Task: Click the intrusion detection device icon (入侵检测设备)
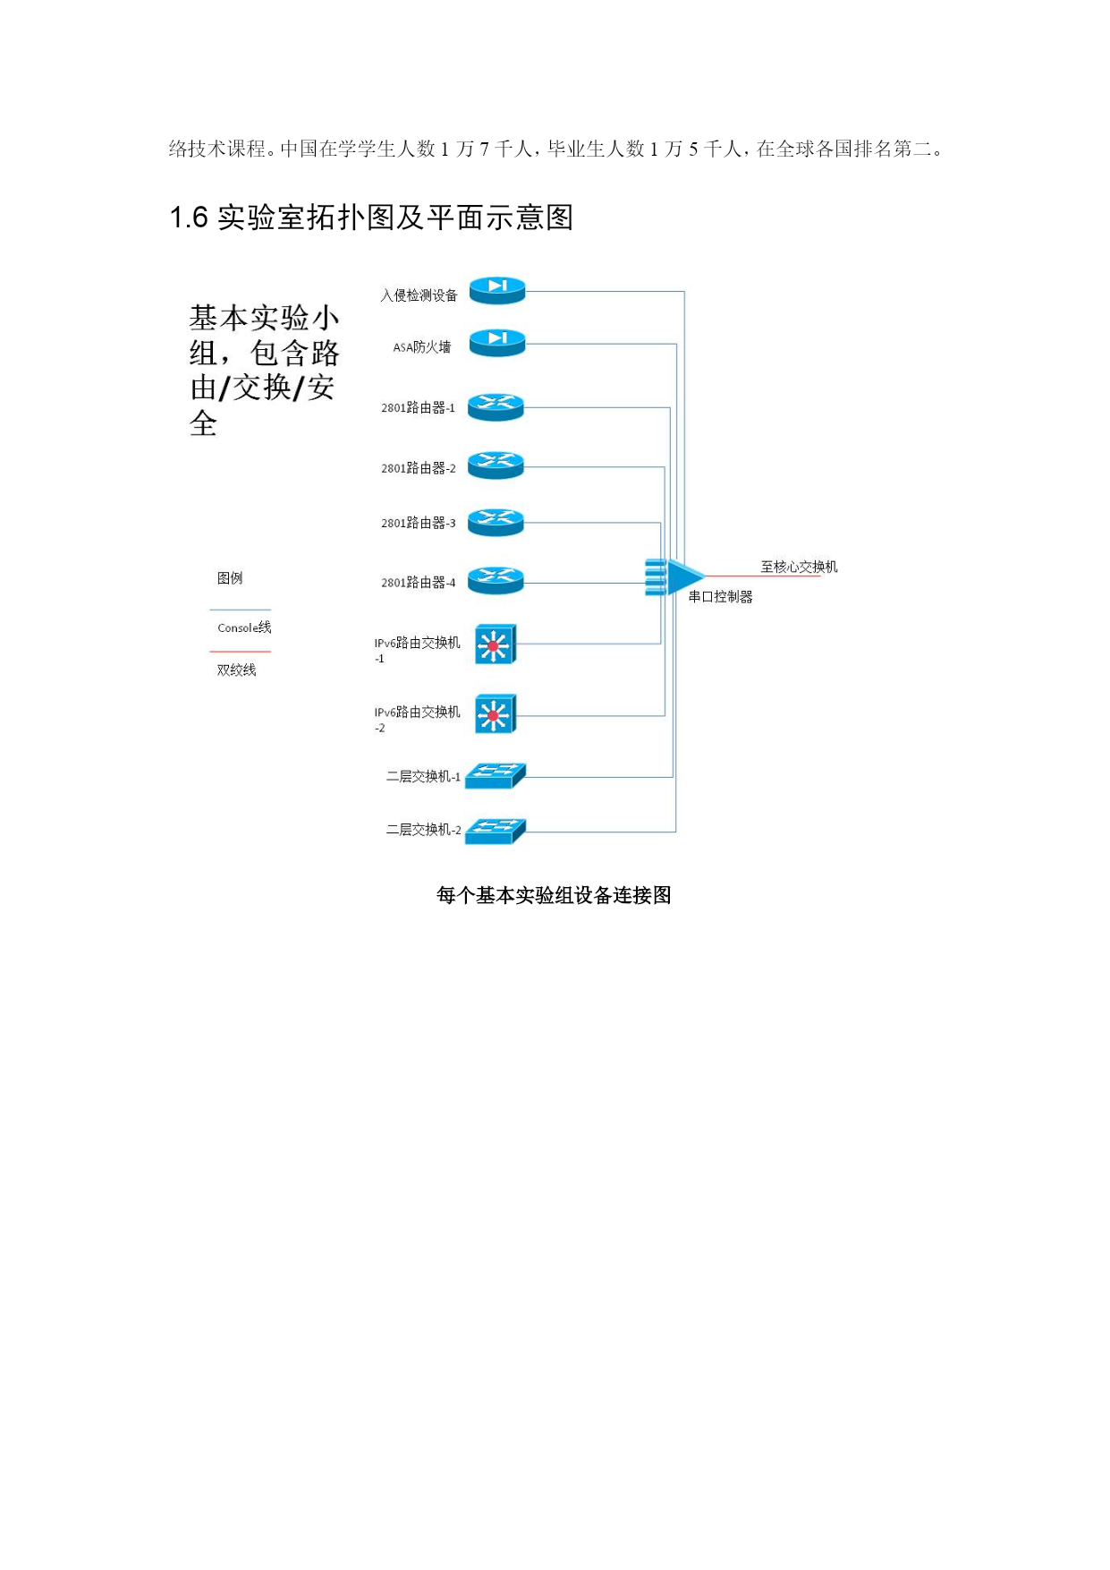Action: (x=497, y=290)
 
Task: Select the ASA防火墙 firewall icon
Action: (x=497, y=342)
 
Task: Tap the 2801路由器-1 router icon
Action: (x=496, y=407)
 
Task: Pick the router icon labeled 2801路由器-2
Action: (x=496, y=465)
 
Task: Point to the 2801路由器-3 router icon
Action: (x=496, y=522)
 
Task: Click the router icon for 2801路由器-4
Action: (x=496, y=580)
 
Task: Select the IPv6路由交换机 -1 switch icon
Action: (x=496, y=644)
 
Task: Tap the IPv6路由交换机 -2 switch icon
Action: (x=496, y=714)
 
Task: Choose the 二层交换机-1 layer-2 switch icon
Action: (x=496, y=775)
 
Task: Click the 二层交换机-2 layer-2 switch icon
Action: (x=496, y=831)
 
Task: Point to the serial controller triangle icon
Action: (x=675, y=577)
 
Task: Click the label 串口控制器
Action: (x=721, y=597)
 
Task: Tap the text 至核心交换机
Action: (x=799, y=567)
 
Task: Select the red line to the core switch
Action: (x=763, y=576)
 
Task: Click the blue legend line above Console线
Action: (x=240, y=610)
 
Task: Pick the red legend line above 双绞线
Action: (x=240, y=652)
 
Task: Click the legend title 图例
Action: (x=230, y=578)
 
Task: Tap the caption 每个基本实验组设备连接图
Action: (x=554, y=895)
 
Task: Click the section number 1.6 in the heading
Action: (x=189, y=218)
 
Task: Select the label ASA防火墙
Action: (x=422, y=347)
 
